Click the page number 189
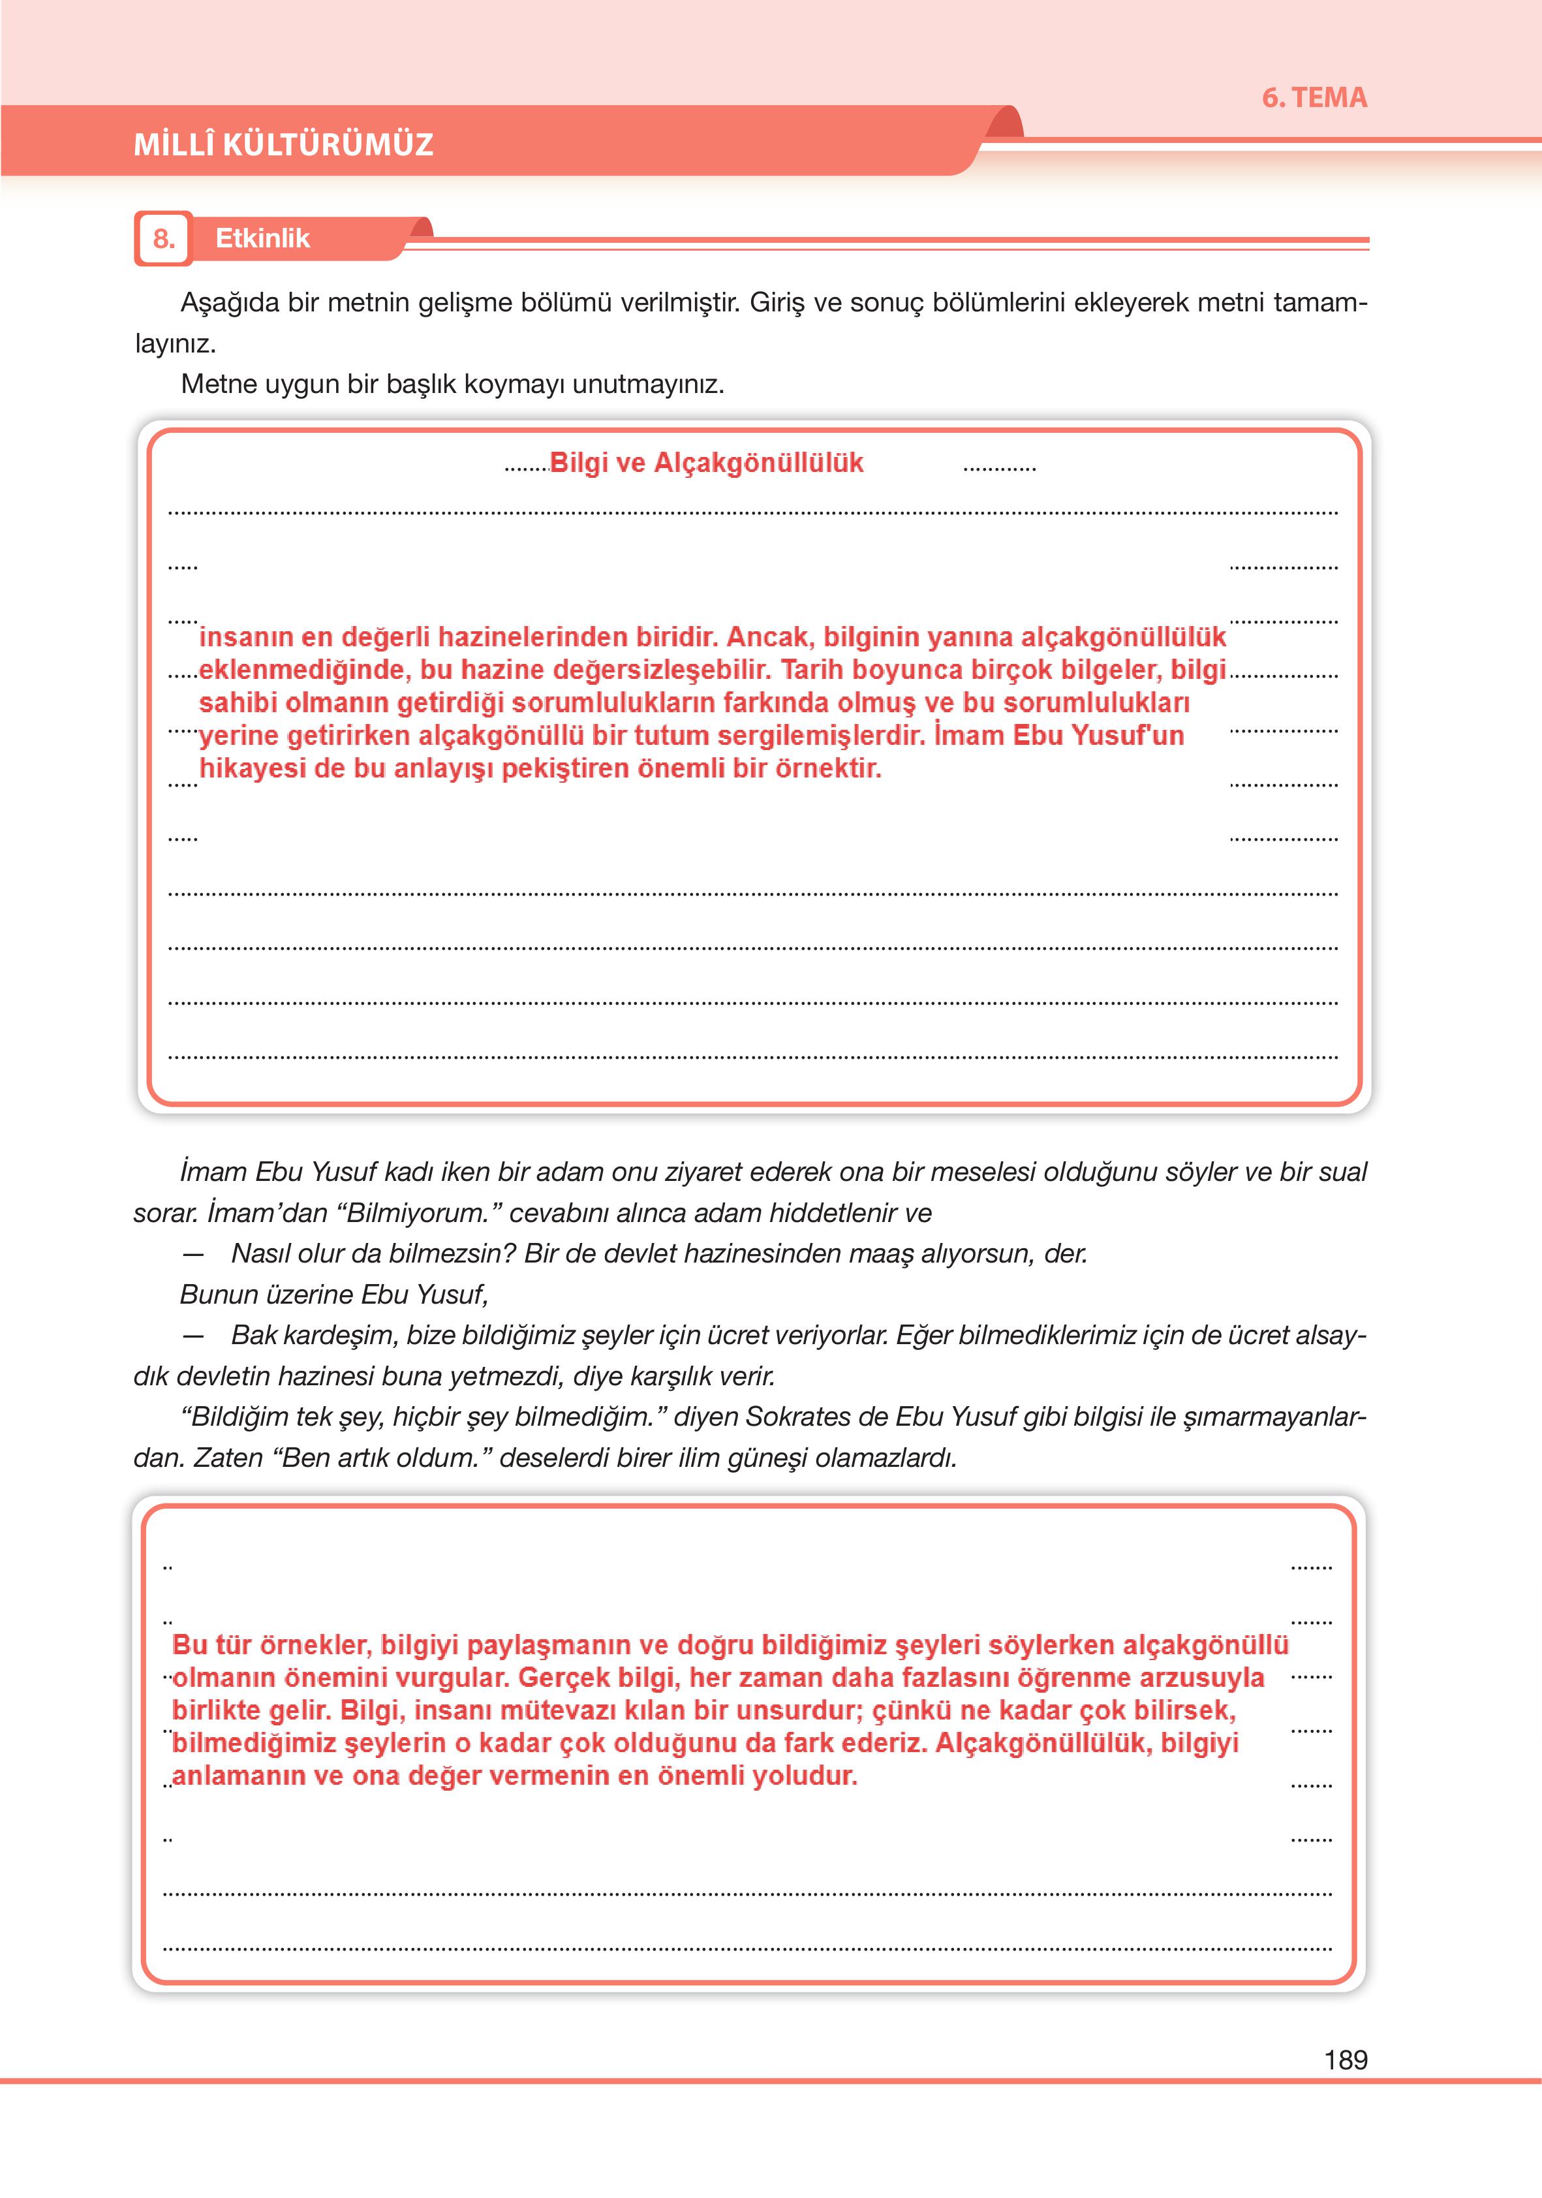[x=1345, y=2059]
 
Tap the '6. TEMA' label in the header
[x=1314, y=98]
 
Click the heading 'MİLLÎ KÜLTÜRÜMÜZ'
[x=283, y=144]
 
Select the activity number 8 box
[x=164, y=238]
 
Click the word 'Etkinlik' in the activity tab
[x=262, y=238]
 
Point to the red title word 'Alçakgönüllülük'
[x=758, y=463]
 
